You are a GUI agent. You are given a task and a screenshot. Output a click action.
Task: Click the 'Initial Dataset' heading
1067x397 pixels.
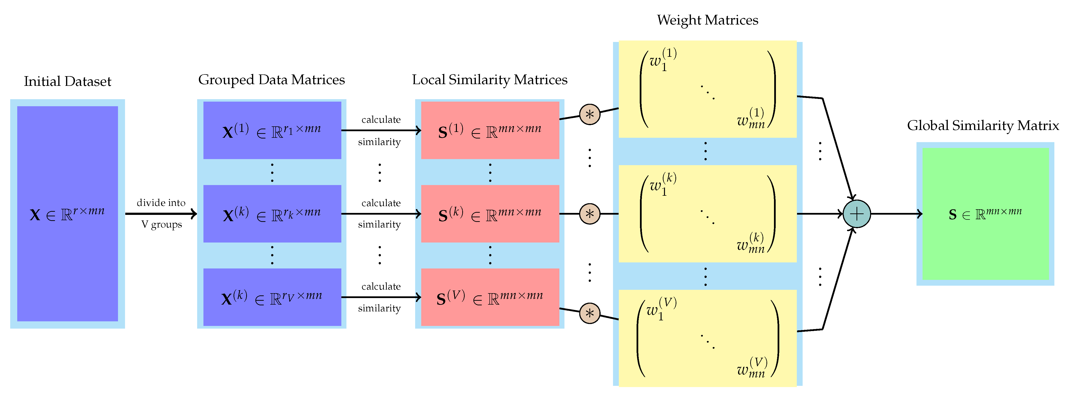pos(67,81)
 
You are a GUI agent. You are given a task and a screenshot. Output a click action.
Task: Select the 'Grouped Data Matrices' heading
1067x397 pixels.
pos(271,80)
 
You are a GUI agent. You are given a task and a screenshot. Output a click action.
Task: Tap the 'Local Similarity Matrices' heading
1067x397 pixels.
pos(490,80)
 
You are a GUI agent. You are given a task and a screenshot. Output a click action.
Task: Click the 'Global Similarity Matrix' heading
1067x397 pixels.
pos(983,125)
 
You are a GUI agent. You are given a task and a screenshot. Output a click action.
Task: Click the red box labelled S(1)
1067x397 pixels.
pos(490,130)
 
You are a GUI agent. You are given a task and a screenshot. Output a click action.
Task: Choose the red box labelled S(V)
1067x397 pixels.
pos(490,297)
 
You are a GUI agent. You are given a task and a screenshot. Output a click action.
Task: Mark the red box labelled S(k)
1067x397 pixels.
pos(490,214)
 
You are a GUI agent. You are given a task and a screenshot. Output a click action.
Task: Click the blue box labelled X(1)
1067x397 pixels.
pos(272,130)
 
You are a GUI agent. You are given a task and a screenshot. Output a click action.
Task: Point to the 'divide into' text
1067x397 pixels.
pos(161,203)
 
